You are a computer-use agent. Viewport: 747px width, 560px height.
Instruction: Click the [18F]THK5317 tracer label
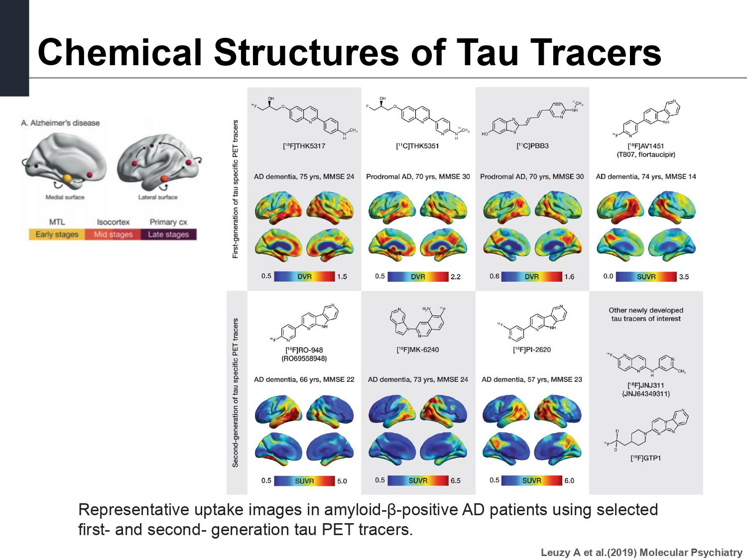coord(304,146)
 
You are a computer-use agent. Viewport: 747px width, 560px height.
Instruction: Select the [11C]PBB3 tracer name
coord(532,146)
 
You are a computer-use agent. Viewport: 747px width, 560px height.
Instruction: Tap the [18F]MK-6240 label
coord(418,349)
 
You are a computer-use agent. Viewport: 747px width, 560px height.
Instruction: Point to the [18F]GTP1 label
coord(645,458)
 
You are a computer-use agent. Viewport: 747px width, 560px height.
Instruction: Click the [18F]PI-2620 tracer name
coord(532,349)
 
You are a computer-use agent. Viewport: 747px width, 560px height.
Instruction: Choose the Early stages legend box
coord(57,234)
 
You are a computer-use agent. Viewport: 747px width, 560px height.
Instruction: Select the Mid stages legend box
coord(113,234)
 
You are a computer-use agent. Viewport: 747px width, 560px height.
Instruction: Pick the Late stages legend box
coord(168,234)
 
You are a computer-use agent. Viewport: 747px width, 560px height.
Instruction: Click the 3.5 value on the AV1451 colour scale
coord(684,277)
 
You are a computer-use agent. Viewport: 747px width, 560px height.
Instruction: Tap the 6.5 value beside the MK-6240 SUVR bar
coord(455,481)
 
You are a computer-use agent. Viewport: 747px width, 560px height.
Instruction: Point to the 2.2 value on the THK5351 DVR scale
coord(455,277)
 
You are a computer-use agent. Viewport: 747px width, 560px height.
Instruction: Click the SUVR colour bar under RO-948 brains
coord(304,481)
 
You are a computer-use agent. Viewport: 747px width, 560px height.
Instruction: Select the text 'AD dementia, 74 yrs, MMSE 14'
coord(646,177)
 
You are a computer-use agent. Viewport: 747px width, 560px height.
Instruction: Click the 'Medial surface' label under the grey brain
coord(65,197)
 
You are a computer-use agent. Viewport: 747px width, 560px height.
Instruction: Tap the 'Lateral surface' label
coord(157,197)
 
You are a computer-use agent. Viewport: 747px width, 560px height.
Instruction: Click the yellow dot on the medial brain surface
coord(67,178)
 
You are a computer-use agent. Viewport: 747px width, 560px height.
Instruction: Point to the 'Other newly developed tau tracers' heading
coord(646,314)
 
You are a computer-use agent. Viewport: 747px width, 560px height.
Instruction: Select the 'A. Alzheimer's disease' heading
coord(60,123)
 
